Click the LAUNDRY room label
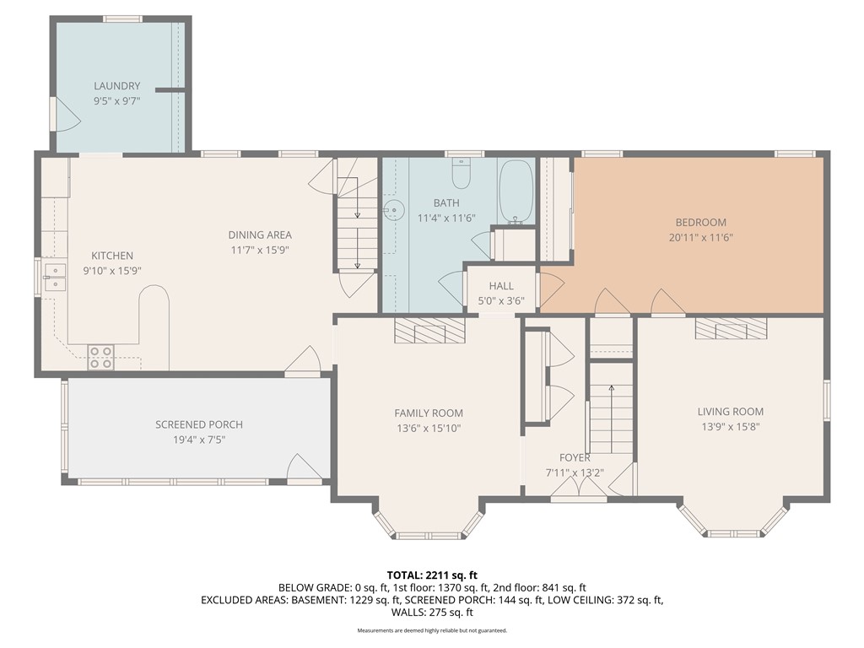(x=117, y=86)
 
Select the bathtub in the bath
(x=515, y=192)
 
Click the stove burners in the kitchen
(x=101, y=358)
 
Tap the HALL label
(x=501, y=286)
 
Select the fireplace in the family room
(x=430, y=331)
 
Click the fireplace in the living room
(x=732, y=328)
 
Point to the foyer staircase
(x=611, y=418)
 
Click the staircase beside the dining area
(x=355, y=223)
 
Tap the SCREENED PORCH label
(x=198, y=424)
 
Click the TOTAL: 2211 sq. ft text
(x=431, y=575)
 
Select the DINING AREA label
(x=260, y=235)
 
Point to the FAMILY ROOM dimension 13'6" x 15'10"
(x=429, y=428)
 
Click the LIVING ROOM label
(x=730, y=412)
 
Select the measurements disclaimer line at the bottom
(x=431, y=630)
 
